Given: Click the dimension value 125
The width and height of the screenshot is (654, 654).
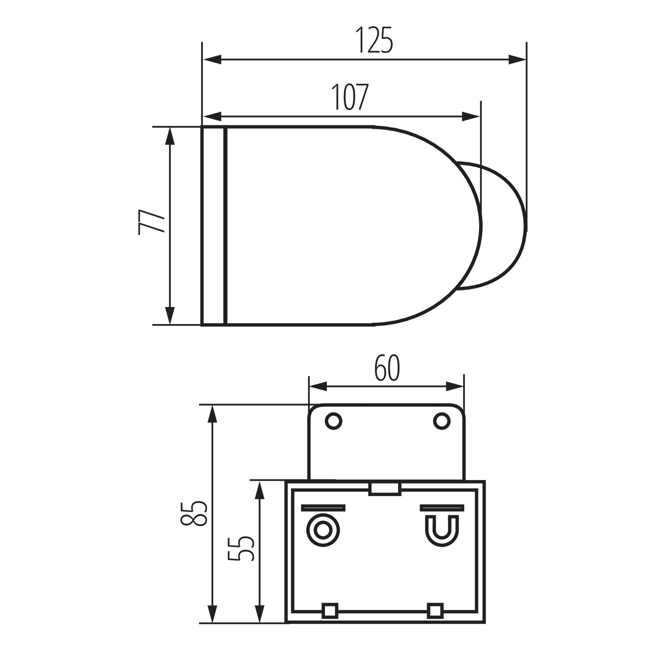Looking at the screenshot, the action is (374, 40).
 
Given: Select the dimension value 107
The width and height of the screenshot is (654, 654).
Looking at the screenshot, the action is (349, 97).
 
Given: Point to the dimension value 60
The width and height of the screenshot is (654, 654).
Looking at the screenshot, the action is (387, 368).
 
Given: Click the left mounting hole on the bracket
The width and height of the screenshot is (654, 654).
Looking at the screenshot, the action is (333, 422).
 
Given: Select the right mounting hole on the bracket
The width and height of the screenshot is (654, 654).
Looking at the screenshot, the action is (442, 422).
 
